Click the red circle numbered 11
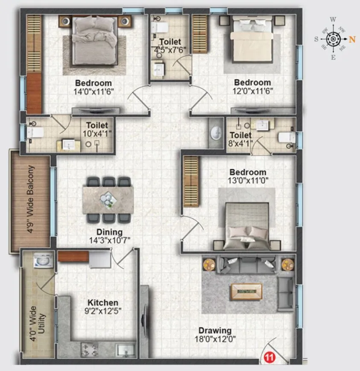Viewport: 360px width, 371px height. point(268,356)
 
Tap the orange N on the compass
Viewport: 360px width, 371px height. point(352,39)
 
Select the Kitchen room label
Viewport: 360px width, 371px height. point(103,303)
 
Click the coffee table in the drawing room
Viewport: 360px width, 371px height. point(246,291)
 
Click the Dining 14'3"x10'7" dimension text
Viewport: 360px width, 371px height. point(109,241)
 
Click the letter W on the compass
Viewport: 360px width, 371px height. point(333,19)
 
